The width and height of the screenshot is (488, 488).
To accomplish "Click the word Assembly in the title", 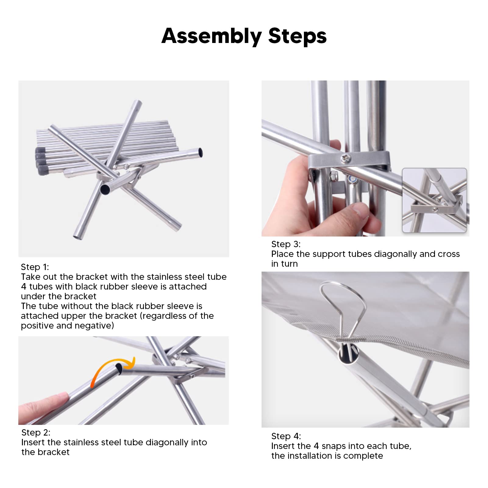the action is pos(212,37).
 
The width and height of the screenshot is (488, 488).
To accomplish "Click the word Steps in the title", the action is pos(297,36).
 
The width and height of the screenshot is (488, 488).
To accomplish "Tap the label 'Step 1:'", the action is pos(35,267).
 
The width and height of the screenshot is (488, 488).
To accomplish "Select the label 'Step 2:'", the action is pos(36,433).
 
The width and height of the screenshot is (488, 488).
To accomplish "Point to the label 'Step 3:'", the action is pos(286,244).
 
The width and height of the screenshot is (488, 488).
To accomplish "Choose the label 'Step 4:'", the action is pos(286,436).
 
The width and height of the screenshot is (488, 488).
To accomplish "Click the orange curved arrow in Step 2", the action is pos(112,367).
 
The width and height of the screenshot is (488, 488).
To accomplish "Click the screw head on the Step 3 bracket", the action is pos(346,158).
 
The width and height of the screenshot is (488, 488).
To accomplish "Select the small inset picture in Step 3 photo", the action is pos(435,200).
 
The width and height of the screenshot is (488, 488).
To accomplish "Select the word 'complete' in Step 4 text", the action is pos(363,456).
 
